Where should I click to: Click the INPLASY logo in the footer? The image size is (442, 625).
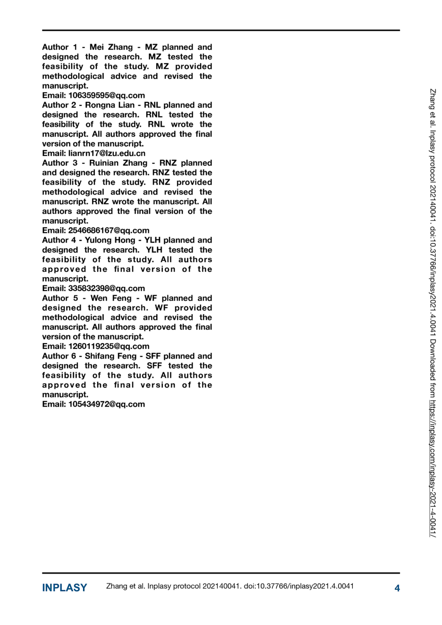tap(64, 588)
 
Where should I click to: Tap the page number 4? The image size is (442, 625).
tap(397, 588)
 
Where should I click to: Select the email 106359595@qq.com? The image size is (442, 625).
tap(107, 95)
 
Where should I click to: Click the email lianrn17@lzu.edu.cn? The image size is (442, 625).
tap(107, 153)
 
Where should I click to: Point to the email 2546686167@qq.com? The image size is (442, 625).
tap(109, 230)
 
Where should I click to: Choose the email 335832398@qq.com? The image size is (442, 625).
tap(107, 288)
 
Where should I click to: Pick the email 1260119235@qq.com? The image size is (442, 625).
tap(109, 346)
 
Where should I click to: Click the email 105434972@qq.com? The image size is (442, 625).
tap(107, 404)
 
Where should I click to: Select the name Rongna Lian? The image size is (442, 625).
tap(110, 105)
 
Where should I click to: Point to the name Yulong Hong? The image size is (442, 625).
tap(110, 240)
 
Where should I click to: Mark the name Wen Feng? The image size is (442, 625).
tap(111, 298)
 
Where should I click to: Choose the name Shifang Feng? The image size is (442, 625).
tap(111, 356)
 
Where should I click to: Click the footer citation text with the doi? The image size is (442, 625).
tap(230, 586)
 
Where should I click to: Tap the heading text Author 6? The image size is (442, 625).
tap(59, 356)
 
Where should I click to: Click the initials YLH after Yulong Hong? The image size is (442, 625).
tap(153, 240)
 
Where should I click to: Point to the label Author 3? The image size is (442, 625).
tap(60, 163)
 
